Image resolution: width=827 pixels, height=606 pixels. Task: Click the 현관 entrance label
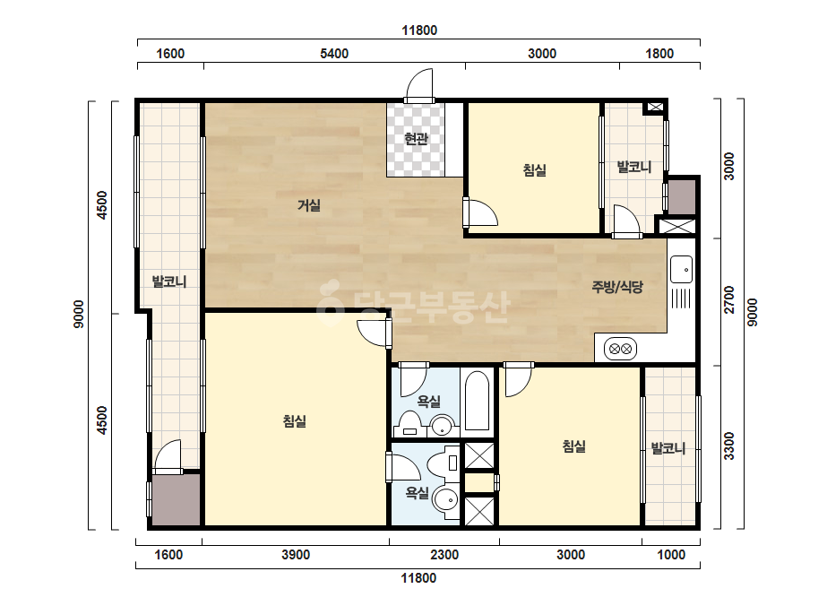coord(416,139)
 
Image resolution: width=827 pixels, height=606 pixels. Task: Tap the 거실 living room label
coord(309,204)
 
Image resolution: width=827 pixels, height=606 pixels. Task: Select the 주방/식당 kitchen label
coord(617,287)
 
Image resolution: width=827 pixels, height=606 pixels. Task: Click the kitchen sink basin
coord(682,269)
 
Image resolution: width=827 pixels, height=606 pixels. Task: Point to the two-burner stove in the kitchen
coord(620,349)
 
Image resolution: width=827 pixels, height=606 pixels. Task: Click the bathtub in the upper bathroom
coord(478,402)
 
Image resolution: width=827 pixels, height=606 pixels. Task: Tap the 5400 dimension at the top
coord(334,54)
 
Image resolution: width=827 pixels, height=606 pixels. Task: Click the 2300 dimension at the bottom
coord(444,555)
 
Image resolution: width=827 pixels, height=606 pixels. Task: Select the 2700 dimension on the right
coord(729,299)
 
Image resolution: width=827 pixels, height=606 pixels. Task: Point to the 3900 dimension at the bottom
coord(296,555)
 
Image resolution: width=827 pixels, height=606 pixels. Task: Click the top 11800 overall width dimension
coord(419,30)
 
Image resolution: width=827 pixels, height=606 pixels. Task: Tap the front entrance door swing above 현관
coord(419,85)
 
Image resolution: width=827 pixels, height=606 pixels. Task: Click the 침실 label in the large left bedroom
coord(294,421)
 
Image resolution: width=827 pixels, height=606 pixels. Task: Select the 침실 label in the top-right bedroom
coord(534,170)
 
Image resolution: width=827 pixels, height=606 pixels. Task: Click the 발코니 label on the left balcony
coord(169,281)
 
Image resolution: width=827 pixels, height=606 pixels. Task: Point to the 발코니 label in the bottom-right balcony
coord(668,449)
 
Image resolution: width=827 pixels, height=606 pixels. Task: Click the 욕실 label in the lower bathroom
coord(417,493)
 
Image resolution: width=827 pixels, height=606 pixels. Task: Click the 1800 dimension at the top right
coord(659,54)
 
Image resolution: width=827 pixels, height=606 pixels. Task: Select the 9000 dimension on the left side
coord(79,314)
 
